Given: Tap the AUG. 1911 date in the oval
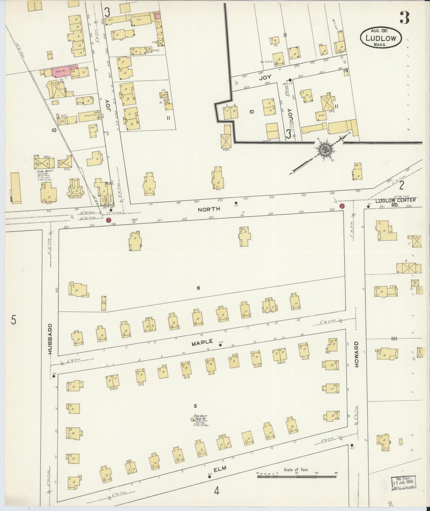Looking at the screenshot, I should pyautogui.click(x=381, y=31).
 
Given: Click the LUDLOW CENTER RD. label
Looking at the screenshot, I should pyautogui.click(x=395, y=202).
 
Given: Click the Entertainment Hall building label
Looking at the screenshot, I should pyautogui.click(x=142, y=18).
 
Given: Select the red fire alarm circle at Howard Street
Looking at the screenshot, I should pyautogui.click(x=342, y=206).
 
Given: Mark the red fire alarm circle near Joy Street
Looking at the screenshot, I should pyautogui.click(x=108, y=220).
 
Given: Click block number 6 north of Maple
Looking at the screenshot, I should pyautogui.click(x=198, y=288).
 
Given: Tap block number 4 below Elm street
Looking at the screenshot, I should pyautogui.click(x=216, y=490).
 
